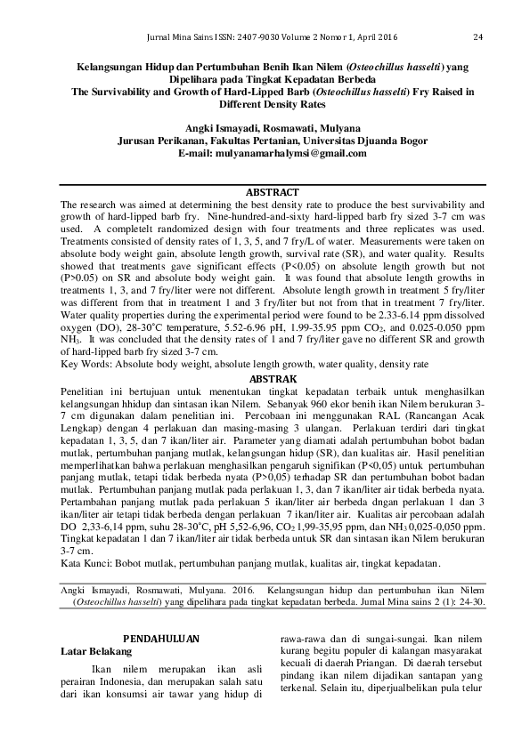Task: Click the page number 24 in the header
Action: point(477,37)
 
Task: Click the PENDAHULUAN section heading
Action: point(160,639)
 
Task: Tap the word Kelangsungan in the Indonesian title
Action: point(111,66)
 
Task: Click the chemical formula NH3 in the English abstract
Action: point(68,341)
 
